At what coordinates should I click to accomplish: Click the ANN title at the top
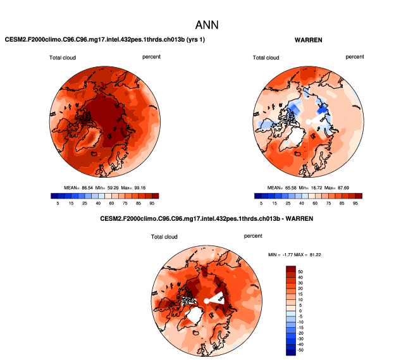(206, 25)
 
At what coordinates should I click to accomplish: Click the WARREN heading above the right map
(309, 40)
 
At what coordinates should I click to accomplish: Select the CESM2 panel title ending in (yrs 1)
(105, 40)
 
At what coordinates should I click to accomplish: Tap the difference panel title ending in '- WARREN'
(206, 218)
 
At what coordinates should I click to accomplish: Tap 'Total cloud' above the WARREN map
(266, 58)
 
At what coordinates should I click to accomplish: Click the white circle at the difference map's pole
(206, 301)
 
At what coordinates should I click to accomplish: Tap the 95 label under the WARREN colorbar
(356, 204)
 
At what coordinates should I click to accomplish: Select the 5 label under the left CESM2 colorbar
(58, 204)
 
